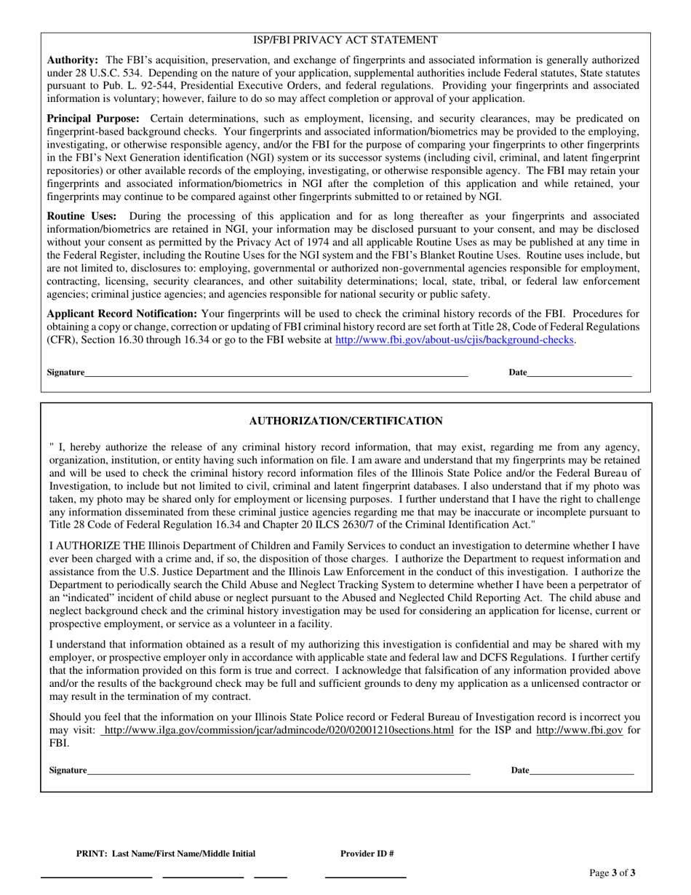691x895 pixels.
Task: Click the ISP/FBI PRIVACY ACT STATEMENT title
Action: (x=345, y=40)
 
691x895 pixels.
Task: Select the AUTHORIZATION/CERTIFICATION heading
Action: (x=345, y=421)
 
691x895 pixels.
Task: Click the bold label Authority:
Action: (x=73, y=60)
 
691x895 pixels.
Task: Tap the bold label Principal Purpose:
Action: (x=93, y=119)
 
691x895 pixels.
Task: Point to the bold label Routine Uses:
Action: (x=81, y=216)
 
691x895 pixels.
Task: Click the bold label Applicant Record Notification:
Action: (x=122, y=314)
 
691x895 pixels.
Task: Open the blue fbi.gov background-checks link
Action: (x=455, y=340)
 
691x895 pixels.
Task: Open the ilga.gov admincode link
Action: (x=279, y=730)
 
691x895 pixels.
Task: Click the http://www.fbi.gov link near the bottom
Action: (x=579, y=730)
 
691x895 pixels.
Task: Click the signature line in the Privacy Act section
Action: (x=276, y=374)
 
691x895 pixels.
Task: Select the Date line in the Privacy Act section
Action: (x=579, y=374)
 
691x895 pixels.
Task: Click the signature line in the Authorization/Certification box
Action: (x=279, y=772)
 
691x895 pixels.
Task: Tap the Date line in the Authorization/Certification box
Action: (x=581, y=772)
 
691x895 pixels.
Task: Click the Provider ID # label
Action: (x=367, y=854)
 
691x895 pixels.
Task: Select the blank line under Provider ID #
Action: (x=364, y=876)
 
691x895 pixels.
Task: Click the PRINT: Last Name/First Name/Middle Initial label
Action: (x=166, y=854)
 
